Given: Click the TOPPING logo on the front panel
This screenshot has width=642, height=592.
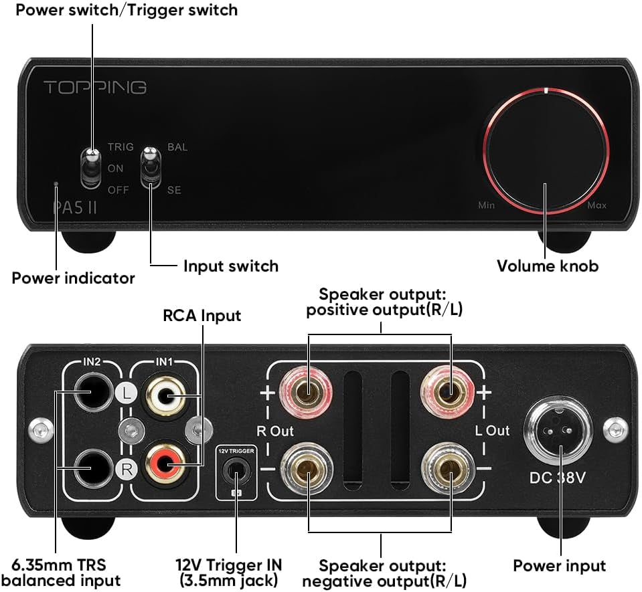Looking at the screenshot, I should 94,87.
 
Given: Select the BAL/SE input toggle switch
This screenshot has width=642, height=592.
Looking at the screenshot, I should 150,167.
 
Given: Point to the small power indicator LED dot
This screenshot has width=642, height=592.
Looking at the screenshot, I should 56,183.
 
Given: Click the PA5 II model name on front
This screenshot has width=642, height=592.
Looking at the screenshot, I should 75,207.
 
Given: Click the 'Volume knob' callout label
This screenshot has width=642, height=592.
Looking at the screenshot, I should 547,266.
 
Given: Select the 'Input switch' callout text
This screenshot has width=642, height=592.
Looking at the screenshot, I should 230,266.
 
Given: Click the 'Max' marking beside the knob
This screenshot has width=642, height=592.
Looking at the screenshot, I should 596,205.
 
